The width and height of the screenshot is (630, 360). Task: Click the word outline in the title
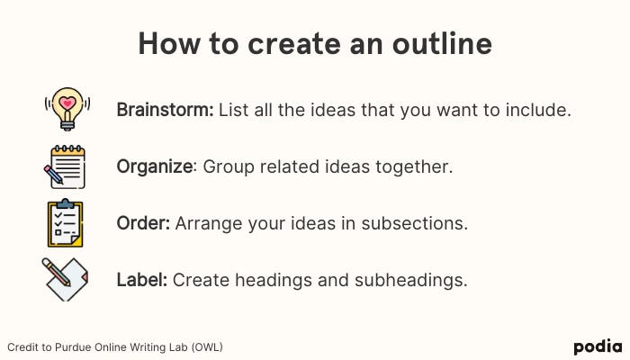[x=442, y=43]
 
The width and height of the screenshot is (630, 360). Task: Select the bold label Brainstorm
[x=165, y=110]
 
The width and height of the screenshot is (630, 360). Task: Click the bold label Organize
[x=155, y=167]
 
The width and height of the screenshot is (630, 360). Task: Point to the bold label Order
[x=143, y=223]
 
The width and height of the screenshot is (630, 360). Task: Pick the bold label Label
[x=142, y=280]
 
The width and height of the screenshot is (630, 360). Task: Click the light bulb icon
[x=67, y=109]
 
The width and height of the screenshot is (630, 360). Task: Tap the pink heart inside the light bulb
[x=67, y=103]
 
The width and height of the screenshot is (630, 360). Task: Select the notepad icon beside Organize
[x=65, y=166]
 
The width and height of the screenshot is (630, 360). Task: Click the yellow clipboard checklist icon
[x=65, y=223]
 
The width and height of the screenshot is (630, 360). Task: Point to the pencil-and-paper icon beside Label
[x=65, y=279]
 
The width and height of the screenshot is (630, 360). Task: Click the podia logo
[x=598, y=347]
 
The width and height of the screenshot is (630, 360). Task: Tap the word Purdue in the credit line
[x=72, y=347]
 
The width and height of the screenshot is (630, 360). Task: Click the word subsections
[x=414, y=223]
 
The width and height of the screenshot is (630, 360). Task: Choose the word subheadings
[x=411, y=280]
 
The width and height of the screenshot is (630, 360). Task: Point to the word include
[x=538, y=110]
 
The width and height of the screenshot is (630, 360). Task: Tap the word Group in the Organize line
[x=229, y=167]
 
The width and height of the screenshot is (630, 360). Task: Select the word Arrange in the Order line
[x=209, y=224]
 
